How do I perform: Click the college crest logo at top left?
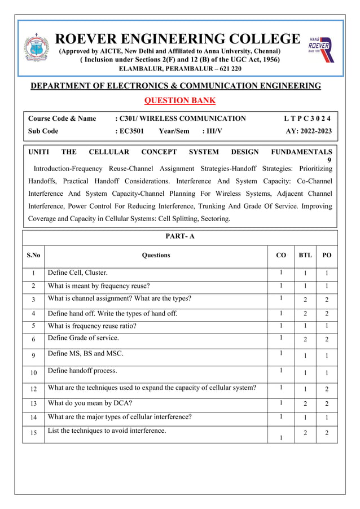click(x=36, y=48)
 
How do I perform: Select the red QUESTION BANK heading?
click(x=180, y=100)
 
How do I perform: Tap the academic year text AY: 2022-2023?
click(x=309, y=131)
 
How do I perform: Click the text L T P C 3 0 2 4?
click(x=308, y=119)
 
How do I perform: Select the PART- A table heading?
click(x=180, y=236)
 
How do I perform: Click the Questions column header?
click(x=156, y=255)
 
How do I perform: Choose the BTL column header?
click(x=305, y=255)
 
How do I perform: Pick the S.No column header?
click(x=33, y=255)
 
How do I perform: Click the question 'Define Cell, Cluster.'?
click(x=78, y=273)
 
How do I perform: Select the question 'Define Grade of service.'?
click(x=84, y=338)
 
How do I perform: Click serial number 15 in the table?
click(x=33, y=433)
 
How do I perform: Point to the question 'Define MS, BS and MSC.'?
click(x=86, y=354)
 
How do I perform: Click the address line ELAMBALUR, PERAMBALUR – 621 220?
click(x=180, y=68)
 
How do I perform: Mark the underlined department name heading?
click(x=175, y=86)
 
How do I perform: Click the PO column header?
click(x=327, y=255)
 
